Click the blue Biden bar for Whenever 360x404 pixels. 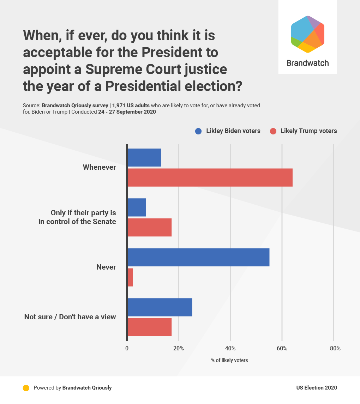point(144,157)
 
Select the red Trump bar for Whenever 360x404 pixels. point(210,177)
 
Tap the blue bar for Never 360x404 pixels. point(198,257)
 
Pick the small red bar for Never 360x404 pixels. point(130,277)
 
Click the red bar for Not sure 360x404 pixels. point(149,327)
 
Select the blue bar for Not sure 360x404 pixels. point(160,307)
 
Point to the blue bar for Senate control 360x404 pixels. point(136,207)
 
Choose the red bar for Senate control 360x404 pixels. point(149,228)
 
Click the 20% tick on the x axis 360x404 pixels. point(178,349)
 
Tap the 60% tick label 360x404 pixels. point(282,349)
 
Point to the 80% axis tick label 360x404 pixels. point(335,349)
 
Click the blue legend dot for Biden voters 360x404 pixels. point(198,131)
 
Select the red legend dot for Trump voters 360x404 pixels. point(273,131)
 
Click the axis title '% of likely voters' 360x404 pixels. point(229,360)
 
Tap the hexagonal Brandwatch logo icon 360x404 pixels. point(307,34)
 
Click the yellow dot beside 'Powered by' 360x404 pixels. point(26,388)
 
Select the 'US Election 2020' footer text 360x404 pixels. point(317,388)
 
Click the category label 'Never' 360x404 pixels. point(106,267)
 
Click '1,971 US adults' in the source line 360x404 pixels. point(131,105)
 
